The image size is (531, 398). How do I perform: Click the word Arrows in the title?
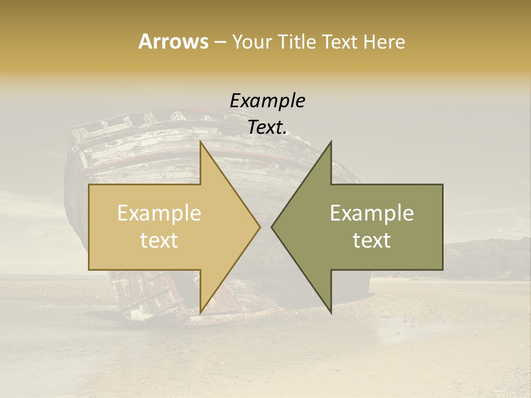click(173, 41)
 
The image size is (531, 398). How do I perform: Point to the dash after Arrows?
click(220, 43)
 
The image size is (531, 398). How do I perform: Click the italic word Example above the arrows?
click(268, 101)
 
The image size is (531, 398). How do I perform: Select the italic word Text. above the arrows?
click(268, 127)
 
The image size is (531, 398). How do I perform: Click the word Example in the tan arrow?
click(159, 213)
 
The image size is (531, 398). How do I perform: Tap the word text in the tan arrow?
click(159, 240)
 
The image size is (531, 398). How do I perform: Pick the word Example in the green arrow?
click(372, 213)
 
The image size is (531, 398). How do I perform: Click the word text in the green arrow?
click(372, 240)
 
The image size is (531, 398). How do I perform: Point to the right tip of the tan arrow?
click(259, 227)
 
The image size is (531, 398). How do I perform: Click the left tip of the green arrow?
click(272, 227)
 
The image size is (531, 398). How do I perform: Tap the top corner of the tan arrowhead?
click(201, 142)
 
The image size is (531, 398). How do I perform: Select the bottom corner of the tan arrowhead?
click(201, 312)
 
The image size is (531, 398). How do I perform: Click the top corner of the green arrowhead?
click(331, 142)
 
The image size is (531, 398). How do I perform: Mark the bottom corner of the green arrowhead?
click(331, 312)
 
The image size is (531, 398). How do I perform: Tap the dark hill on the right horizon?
click(487, 257)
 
